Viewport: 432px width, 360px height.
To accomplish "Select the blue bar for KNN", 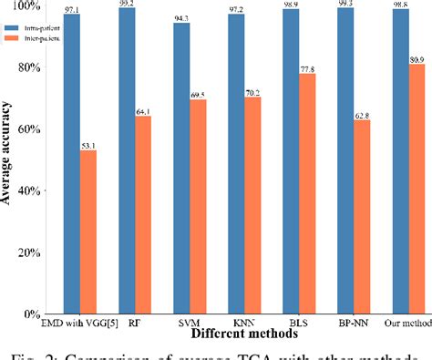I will (236, 163).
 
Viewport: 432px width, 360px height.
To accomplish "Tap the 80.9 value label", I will (417, 58).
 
